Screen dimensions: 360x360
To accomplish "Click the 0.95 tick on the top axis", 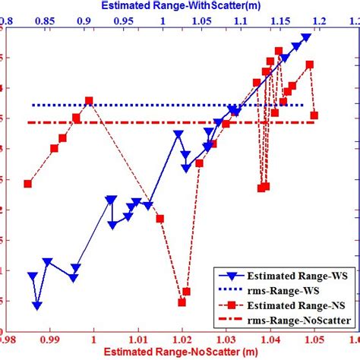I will point(123,21).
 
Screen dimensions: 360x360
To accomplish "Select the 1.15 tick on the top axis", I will point(279,21).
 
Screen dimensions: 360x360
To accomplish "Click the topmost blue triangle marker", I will point(306,37).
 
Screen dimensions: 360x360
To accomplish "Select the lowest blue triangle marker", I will point(36,305).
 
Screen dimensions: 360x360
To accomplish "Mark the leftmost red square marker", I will point(28,184).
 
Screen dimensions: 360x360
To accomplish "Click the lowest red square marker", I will point(182,302).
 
